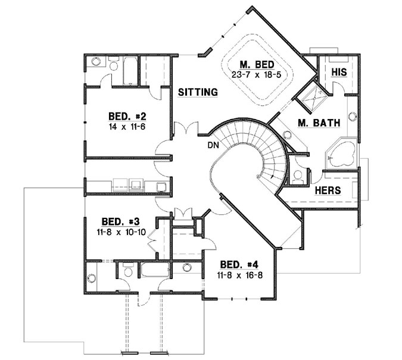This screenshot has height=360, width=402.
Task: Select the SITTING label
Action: (197, 92)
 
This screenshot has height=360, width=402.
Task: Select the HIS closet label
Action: (338, 71)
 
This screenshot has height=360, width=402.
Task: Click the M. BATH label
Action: (319, 123)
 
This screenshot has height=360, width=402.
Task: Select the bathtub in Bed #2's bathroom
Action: (127, 70)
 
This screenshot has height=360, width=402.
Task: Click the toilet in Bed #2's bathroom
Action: (96, 64)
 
